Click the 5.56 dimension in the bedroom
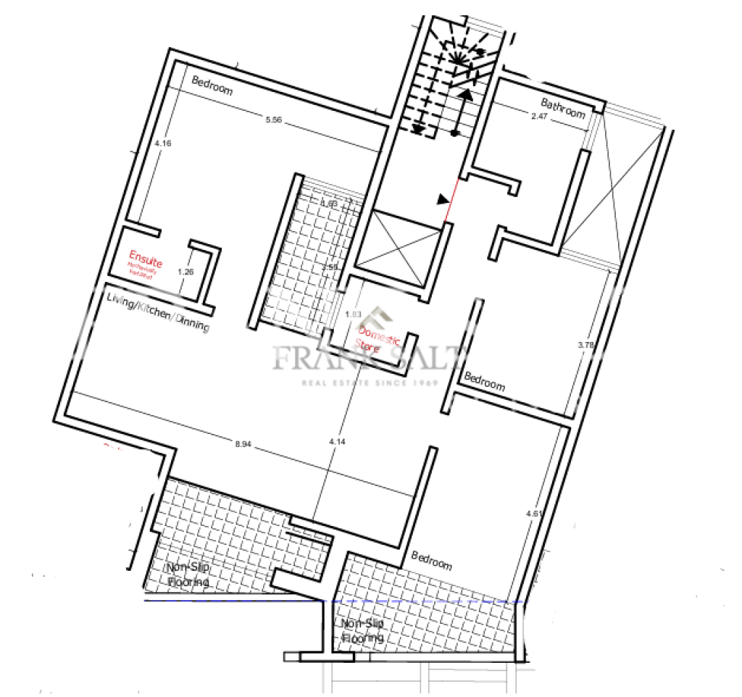pos(273,120)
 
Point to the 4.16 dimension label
pos(163,143)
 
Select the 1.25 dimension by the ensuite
pos(185,272)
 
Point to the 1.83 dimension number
pos(353,314)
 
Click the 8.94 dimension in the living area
pos(243,444)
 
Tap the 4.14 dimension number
pos(335,441)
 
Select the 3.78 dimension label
pos(585,346)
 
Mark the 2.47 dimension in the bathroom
pos(539,116)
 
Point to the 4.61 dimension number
pos(533,514)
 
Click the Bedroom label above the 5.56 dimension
pos(212,85)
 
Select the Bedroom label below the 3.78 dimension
pos(484,381)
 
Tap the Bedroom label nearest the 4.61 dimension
pos(431,560)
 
